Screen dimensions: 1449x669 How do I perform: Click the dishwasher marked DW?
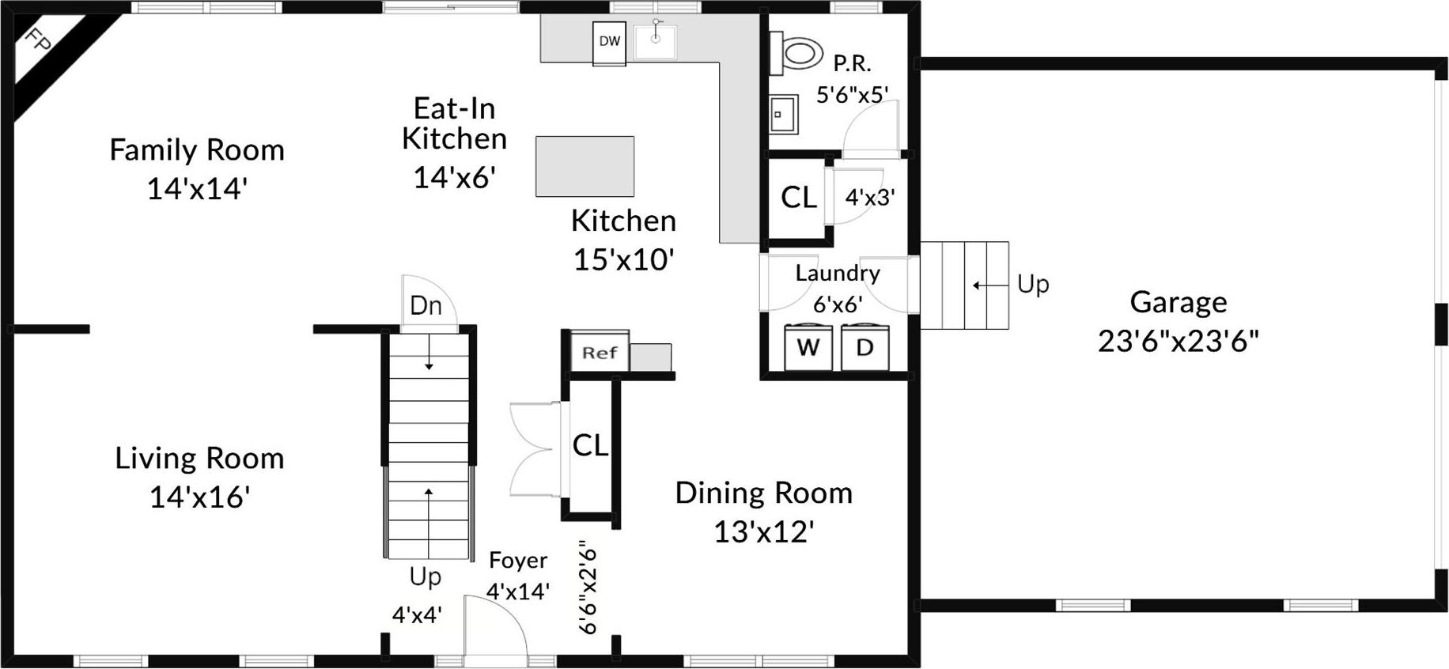click(610, 43)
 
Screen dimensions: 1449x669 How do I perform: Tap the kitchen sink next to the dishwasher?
click(655, 42)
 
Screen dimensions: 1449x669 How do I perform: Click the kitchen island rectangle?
click(585, 166)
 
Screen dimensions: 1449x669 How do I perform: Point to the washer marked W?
click(808, 347)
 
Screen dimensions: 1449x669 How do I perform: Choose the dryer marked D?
click(864, 347)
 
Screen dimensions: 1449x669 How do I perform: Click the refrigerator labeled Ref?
click(600, 352)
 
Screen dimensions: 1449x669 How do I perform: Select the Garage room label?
click(1178, 302)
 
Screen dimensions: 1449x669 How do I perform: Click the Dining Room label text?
click(764, 493)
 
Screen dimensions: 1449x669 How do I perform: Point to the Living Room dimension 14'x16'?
click(200, 497)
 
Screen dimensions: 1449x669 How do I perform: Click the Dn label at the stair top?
click(426, 306)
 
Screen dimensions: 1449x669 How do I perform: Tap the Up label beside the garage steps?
click(1033, 284)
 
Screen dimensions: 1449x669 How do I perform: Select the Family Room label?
click(197, 150)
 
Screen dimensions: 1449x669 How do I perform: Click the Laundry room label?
click(838, 274)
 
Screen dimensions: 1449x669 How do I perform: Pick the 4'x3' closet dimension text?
click(870, 197)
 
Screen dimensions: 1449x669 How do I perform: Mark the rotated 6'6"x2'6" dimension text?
click(588, 588)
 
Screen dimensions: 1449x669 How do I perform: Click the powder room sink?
click(784, 115)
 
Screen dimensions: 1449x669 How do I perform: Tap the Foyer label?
click(518, 561)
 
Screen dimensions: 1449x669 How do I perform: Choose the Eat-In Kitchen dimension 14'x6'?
click(455, 177)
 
